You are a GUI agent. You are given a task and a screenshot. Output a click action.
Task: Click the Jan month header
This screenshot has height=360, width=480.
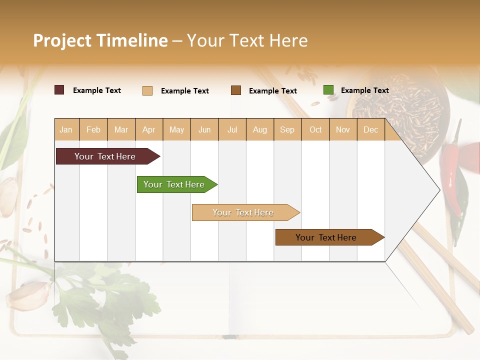point(66,130)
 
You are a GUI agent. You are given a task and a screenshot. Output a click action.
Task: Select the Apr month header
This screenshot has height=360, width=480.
point(148,130)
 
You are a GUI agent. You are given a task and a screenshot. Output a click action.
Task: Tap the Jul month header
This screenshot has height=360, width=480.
point(232,130)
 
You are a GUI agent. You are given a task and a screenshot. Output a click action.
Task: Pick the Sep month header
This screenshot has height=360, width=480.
point(287,130)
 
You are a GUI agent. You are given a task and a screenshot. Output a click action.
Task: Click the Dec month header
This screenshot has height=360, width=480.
point(370,130)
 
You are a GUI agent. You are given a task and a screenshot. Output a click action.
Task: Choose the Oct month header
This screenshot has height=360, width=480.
point(315,130)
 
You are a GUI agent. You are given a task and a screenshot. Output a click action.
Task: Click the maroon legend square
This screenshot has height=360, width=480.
point(59,90)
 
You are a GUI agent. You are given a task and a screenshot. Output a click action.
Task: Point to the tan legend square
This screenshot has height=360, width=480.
point(147,90)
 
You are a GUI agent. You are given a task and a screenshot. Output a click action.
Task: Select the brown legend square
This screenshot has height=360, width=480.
point(236,90)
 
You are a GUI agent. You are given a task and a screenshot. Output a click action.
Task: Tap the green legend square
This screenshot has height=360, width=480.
point(328,90)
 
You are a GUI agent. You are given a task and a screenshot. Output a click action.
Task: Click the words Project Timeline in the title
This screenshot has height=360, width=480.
point(100,40)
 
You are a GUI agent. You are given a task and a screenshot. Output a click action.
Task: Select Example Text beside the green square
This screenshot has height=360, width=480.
point(364,90)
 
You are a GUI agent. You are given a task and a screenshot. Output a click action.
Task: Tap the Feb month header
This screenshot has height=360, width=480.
point(93,130)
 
